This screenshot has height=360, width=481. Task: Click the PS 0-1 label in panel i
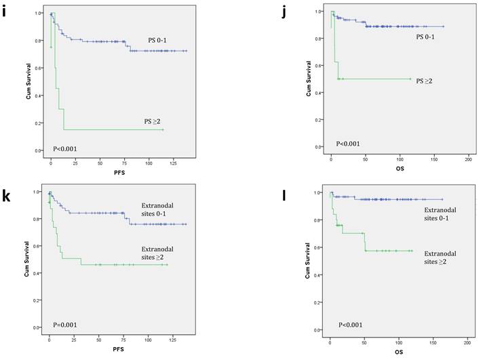tap(163, 41)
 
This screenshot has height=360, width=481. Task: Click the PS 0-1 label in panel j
tap(426, 37)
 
